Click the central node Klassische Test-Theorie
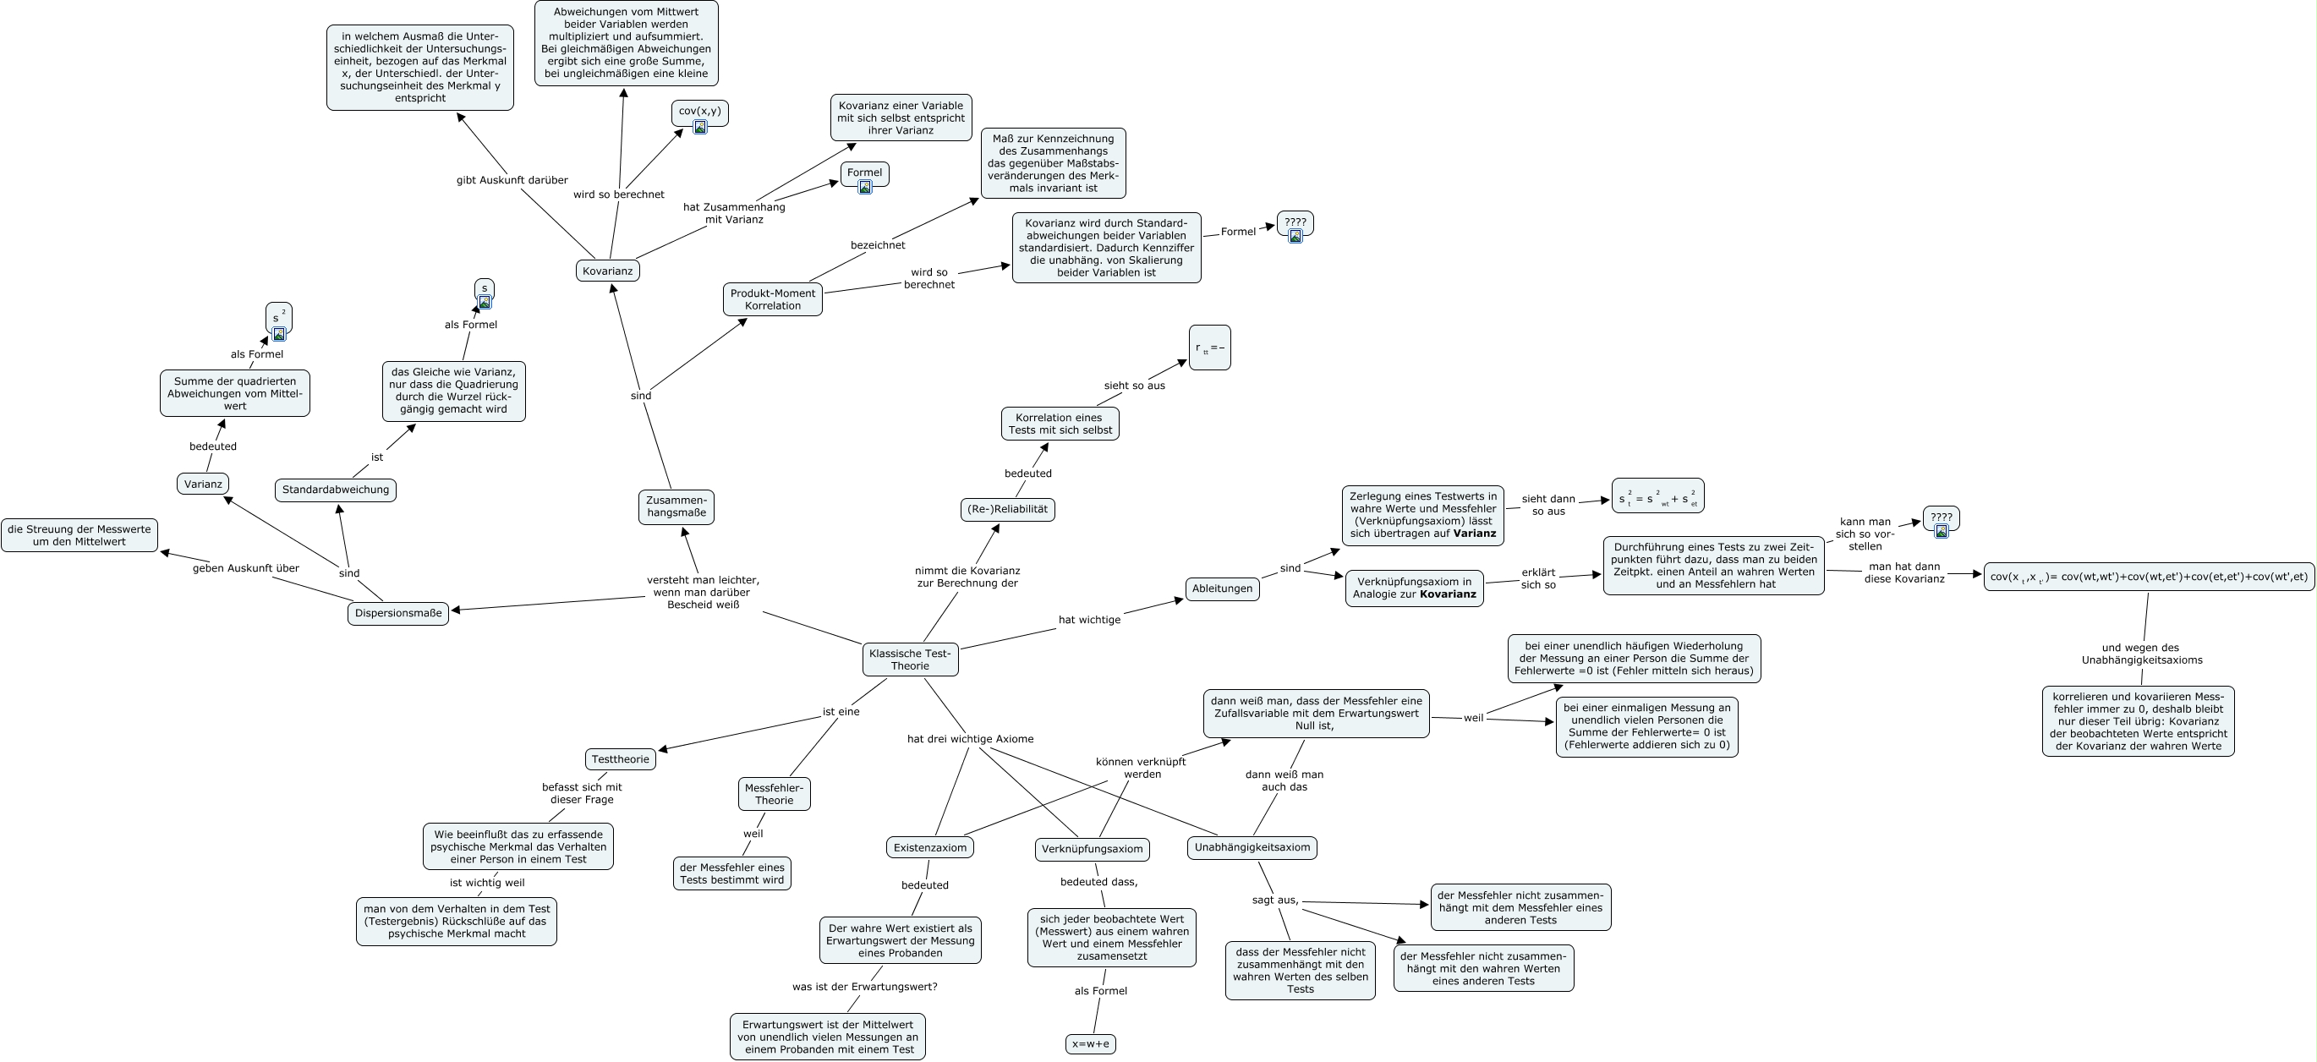[909, 660]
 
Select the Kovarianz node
[607, 271]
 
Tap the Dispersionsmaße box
[397, 613]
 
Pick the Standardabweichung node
[336, 490]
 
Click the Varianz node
[202, 484]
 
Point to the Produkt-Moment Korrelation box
[772, 299]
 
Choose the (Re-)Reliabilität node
[1006, 509]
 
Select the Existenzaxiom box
[929, 847]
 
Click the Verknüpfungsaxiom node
[1091, 849]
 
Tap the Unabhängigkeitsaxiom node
[1252, 847]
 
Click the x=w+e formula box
[1090, 1044]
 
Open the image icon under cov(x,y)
[700, 127]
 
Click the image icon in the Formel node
[864, 187]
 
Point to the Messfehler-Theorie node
[774, 794]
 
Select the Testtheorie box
[620, 759]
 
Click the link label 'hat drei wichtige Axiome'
[970, 739]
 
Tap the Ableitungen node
[1221, 589]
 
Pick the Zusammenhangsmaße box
[676, 506]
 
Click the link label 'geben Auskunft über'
[245, 568]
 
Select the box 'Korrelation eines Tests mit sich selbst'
[1060, 424]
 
